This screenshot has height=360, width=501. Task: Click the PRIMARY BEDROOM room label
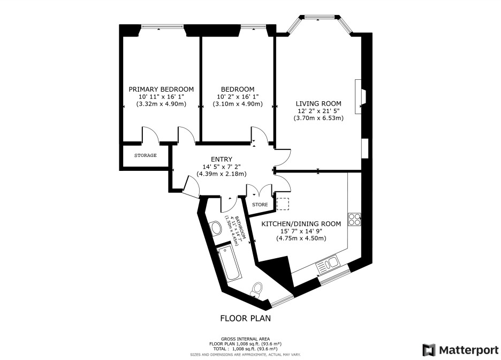tap(161, 89)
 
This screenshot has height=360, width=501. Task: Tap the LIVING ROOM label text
tap(319, 103)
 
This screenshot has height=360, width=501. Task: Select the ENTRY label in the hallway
tap(221, 159)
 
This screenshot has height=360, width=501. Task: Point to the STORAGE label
tap(145, 155)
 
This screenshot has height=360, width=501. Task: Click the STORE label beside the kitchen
tap(260, 205)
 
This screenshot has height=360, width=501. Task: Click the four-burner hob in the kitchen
tap(354, 219)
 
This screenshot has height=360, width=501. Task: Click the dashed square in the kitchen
tap(282, 204)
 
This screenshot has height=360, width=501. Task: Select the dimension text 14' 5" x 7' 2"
tap(221, 167)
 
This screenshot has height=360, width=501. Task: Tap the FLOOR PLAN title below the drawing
tap(245, 318)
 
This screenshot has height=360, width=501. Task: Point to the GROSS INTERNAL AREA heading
tap(245, 339)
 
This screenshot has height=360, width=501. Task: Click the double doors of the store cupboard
tap(259, 191)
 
